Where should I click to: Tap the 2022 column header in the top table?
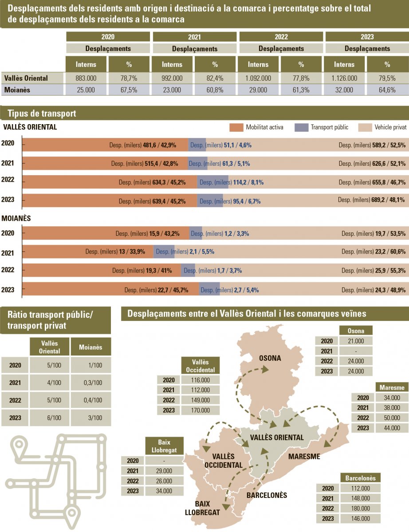point(281,37)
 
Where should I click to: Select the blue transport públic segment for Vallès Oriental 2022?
point(213,182)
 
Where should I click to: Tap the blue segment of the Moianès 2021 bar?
point(164,252)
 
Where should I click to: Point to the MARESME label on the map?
point(304,456)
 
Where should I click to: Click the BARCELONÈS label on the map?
point(267,495)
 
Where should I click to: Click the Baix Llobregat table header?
point(164,446)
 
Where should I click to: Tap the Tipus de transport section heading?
point(42,113)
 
